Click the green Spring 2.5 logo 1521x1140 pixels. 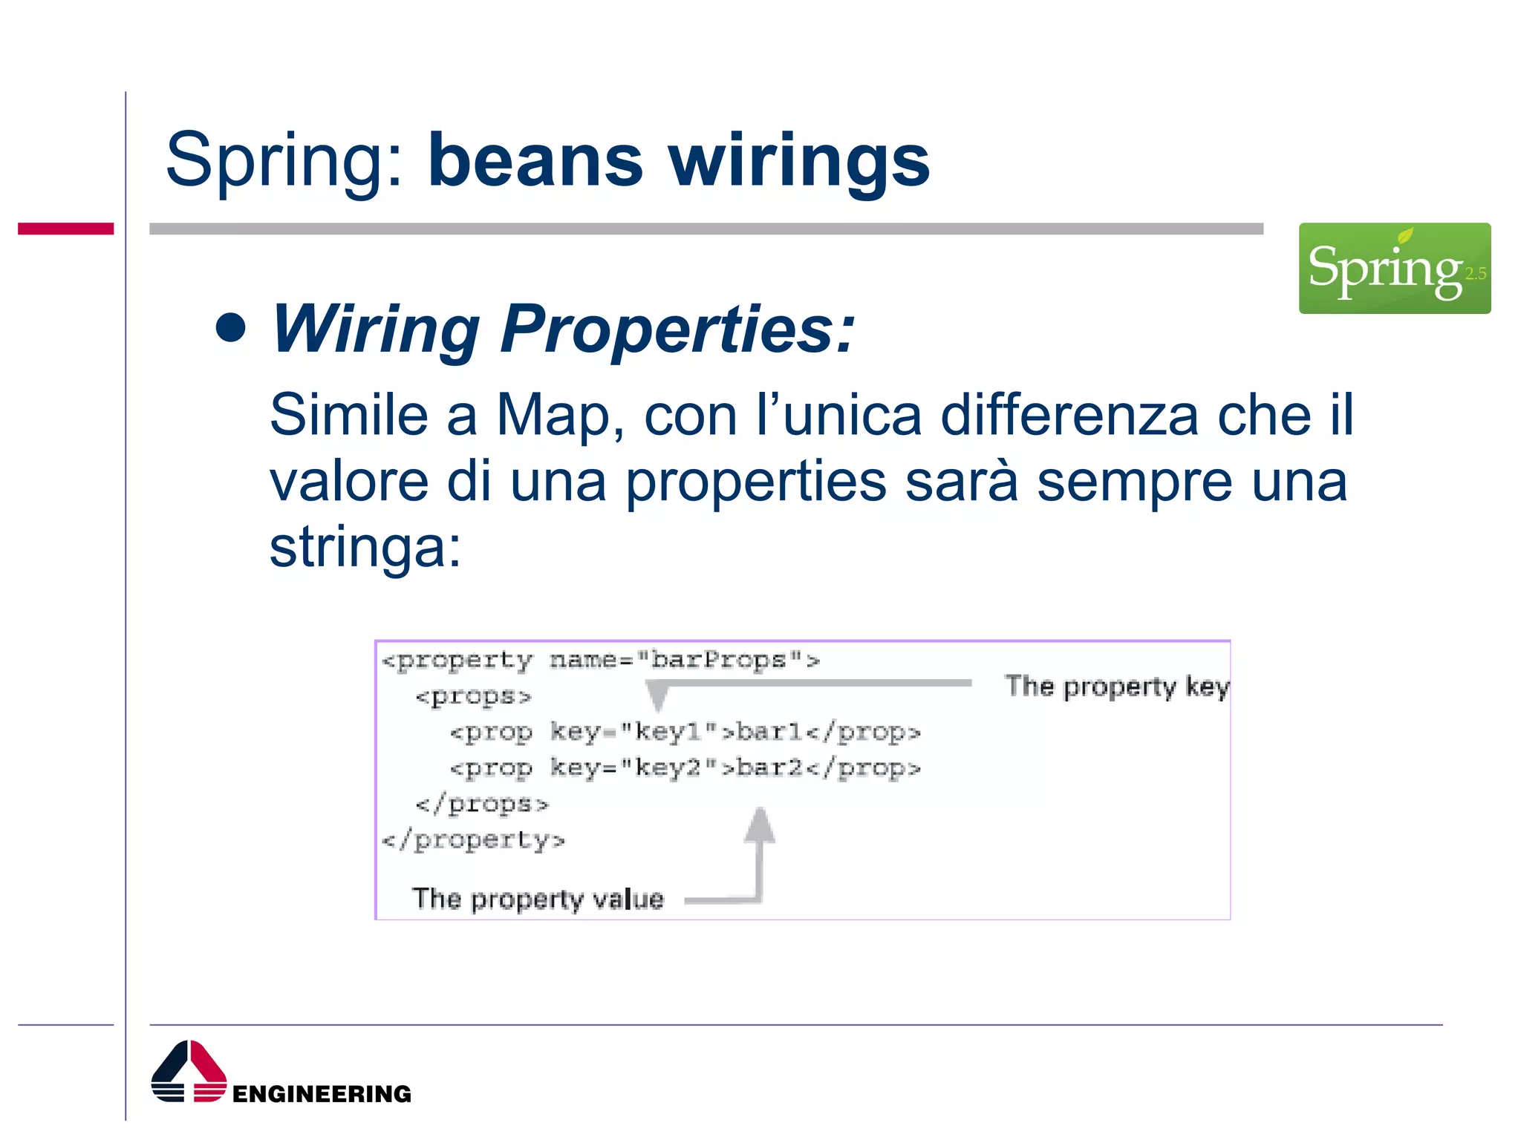click(x=1394, y=268)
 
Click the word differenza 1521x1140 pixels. click(x=1069, y=416)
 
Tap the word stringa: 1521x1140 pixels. click(x=365, y=548)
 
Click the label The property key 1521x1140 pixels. click(x=1115, y=687)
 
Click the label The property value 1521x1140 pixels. click(x=538, y=899)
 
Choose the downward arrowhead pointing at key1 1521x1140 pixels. click(x=657, y=696)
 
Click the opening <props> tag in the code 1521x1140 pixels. click(x=473, y=697)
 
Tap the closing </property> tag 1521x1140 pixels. click(x=473, y=840)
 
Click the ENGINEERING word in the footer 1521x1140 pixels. click(x=322, y=1093)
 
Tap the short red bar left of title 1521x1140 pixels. click(x=65, y=229)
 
